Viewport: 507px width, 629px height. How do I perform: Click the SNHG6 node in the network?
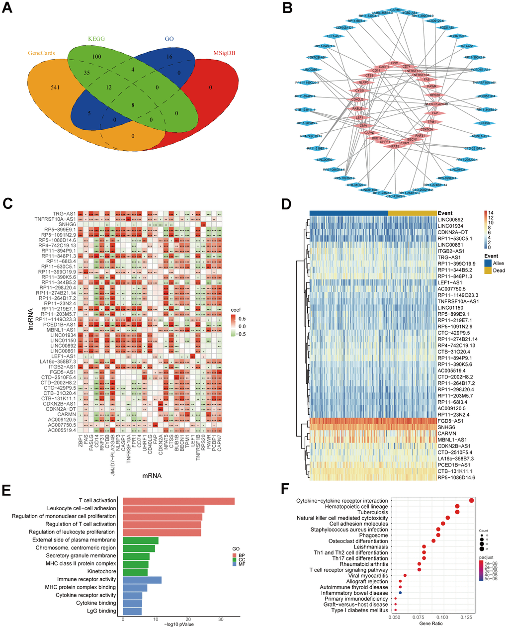485,122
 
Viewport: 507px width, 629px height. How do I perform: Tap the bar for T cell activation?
178,501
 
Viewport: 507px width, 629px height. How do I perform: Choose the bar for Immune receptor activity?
142,579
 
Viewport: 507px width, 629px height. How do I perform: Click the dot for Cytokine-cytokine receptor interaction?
471,500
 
